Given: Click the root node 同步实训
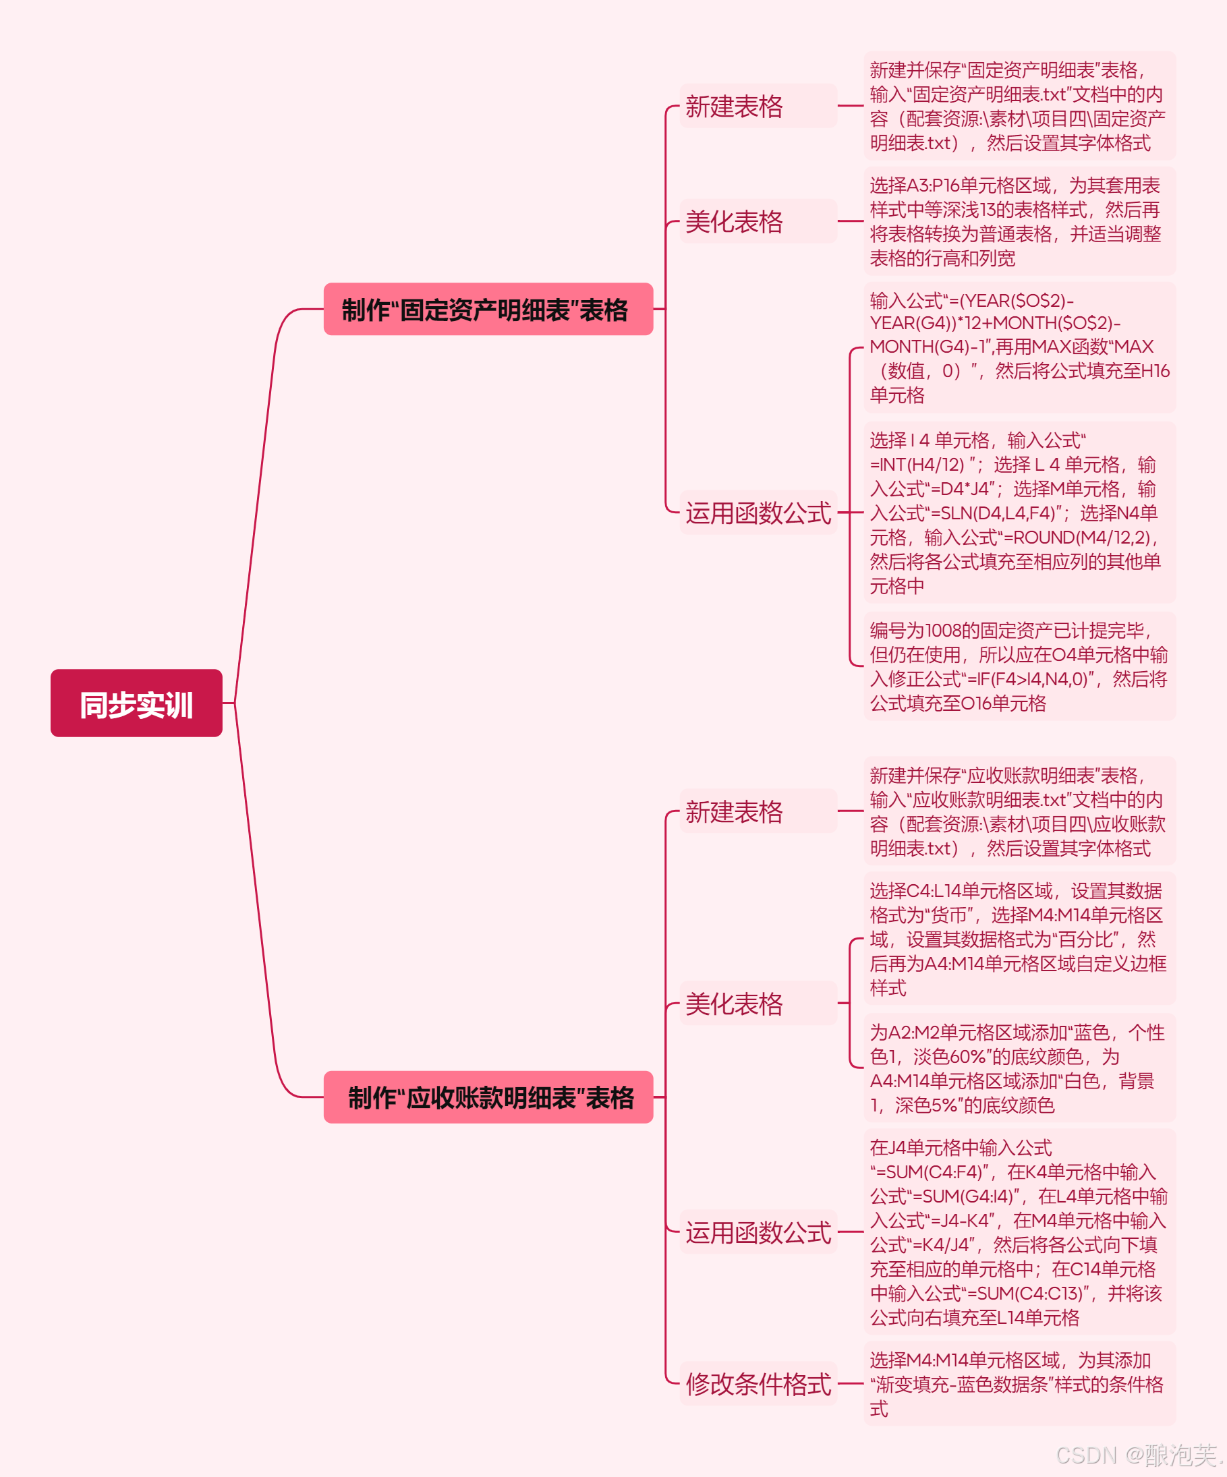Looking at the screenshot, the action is pos(136,703).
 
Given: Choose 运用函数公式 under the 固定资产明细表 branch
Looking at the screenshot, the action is pos(758,513).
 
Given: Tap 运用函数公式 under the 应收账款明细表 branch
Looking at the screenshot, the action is pos(758,1232).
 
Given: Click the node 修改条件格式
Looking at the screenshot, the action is pos(758,1383).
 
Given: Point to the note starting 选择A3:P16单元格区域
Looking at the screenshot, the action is pos(1019,221).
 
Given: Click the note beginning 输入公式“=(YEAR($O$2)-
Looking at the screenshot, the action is pos(1019,347).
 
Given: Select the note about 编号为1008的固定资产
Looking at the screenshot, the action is pos(1019,666).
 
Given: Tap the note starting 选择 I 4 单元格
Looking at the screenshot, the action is pos(1019,513).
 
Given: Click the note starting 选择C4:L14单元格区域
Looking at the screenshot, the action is pos(1019,939).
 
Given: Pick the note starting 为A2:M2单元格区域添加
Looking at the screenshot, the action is pos(1019,1068).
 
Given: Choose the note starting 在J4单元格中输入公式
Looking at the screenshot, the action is pos(1019,1232).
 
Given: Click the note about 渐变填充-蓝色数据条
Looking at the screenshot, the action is pos(1019,1383).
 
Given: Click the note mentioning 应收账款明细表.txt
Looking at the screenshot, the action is pos(1019,811).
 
